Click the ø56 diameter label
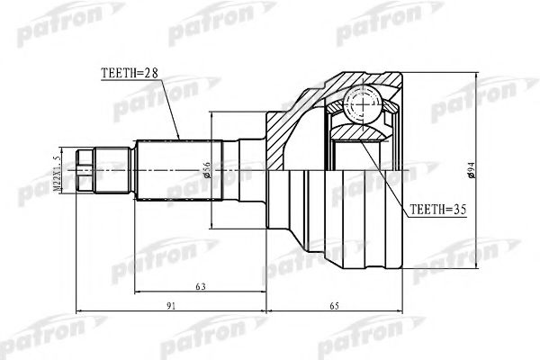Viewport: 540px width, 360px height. point(206,167)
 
